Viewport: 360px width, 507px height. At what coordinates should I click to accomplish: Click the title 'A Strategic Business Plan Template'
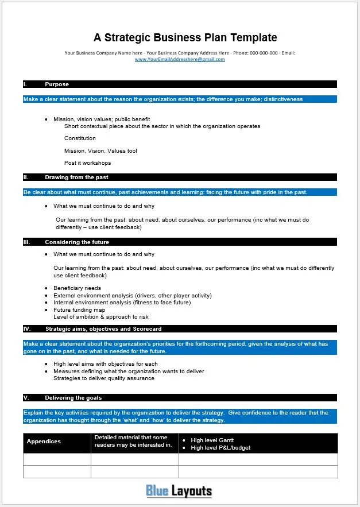point(185,38)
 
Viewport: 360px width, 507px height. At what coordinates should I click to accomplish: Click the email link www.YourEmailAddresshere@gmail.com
point(180,59)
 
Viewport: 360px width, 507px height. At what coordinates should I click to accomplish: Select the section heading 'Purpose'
point(57,84)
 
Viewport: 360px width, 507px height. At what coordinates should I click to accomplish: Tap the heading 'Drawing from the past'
point(76,177)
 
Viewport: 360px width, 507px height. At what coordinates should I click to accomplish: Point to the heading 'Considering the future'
point(77,242)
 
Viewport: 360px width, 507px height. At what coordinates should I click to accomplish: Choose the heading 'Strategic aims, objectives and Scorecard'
point(103,329)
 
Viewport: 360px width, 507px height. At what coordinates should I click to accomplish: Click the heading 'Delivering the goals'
point(73,397)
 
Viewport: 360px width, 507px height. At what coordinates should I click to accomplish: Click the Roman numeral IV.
point(26,329)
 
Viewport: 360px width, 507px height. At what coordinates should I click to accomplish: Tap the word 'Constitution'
point(80,138)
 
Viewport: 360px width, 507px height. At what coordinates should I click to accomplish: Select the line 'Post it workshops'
point(87,163)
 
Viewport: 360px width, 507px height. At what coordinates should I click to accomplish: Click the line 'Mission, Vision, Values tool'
point(100,151)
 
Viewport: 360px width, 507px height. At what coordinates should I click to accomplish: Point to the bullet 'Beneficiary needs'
point(77,288)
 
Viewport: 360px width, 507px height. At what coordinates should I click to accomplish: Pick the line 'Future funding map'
point(79,310)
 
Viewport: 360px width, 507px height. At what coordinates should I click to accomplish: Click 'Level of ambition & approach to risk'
point(100,317)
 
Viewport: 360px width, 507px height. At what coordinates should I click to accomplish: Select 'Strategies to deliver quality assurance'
point(103,378)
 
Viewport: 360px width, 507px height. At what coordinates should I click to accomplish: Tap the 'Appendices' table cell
point(44,442)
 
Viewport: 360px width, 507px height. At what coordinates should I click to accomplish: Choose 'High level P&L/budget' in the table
point(220,448)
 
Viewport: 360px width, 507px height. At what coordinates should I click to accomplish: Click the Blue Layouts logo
point(179,491)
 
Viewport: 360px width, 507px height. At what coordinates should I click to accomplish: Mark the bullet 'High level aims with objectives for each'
point(106,364)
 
